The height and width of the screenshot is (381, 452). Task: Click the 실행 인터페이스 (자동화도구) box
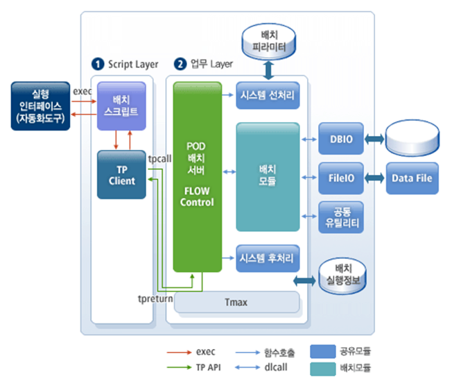(41, 106)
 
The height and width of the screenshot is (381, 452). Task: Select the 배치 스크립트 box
(121, 105)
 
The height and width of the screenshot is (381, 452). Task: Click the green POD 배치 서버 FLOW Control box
(196, 176)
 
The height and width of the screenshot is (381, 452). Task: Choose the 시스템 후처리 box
(268, 258)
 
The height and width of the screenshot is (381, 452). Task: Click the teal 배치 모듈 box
(268, 176)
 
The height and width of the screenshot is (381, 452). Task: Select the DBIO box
(337, 139)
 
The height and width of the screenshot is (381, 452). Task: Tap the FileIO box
(337, 178)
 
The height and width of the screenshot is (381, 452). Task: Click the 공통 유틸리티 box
(337, 217)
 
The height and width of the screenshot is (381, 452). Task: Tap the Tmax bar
(236, 302)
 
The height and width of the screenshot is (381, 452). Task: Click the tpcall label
(159, 158)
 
